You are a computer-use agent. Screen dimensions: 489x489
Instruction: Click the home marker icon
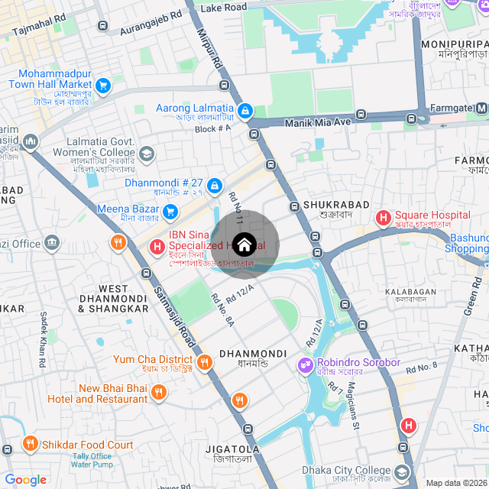point(244,244)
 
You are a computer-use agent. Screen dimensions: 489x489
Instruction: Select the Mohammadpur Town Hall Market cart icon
point(103,85)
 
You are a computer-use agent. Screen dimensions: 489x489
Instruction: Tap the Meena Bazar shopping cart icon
point(170,210)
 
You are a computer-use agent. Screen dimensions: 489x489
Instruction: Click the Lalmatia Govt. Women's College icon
point(146,155)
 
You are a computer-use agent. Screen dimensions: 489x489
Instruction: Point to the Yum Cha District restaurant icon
point(204,361)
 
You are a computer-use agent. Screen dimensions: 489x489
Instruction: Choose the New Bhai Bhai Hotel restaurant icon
point(159,393)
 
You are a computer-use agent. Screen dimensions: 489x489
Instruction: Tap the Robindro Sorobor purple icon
point(305,364)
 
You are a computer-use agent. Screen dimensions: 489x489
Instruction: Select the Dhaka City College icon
point(402,471)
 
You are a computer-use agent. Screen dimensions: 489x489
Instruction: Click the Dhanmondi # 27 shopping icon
point(215,185)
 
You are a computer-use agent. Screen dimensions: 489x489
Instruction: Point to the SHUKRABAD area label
point(336,205)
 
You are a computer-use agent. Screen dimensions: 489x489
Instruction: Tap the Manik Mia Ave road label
point(316,122)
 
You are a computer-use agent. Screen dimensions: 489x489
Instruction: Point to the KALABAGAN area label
point(410,291)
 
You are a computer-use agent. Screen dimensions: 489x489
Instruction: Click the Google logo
point(25,479)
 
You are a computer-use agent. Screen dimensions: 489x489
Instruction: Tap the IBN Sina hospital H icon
point(157,246)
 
